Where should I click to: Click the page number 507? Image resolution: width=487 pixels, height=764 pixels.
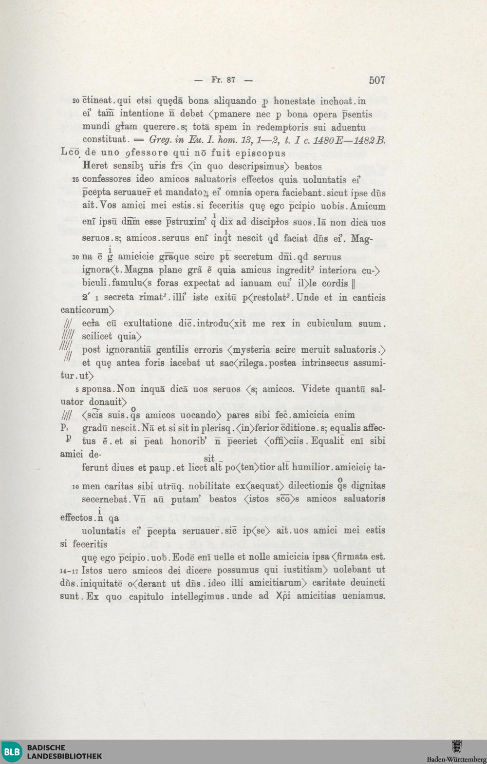click(377, 80)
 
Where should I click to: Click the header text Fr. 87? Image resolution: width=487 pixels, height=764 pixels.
click(224, 80)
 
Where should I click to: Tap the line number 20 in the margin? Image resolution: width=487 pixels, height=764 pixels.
click(76, 101)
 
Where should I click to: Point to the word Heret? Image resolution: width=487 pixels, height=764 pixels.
click(95, 166)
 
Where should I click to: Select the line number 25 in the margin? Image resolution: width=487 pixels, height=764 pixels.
click(75, 180)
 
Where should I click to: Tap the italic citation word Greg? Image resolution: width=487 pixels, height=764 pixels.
click(159, 140)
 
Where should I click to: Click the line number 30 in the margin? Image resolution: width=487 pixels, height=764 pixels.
click(75, 257)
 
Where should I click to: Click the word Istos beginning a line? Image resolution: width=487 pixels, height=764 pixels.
click(93, 570)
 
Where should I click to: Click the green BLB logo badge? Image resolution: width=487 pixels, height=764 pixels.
click(11, 752)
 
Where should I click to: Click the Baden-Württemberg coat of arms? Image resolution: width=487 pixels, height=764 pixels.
click(456, 747)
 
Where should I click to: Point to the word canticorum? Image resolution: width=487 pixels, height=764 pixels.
click(86, 310)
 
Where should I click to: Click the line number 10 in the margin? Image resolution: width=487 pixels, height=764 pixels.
click(75, 487)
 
